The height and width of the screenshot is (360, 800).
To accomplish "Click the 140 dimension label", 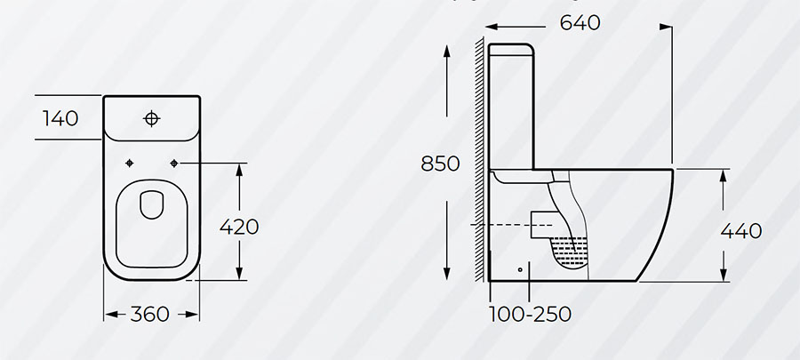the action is pyautogui.click(x=60, y=118).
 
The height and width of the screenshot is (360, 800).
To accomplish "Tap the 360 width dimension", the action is pyautogui.click(x=149, y=314).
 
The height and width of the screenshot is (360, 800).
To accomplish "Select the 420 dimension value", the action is pyautogui.click(x=239, y=227).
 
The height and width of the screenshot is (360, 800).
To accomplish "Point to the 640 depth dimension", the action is pyautogui.click(x=580, y=22).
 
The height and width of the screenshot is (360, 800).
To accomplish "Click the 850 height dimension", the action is pyautogui.click(x=440, y=164).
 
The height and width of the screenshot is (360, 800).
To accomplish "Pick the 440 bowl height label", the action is pyautogui.click(x=741, y=231).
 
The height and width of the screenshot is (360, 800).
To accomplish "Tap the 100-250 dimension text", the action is pyautogui.click(x=530, y=314).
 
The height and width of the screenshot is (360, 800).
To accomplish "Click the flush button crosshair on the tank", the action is pyautogui.click(x=151, y=119).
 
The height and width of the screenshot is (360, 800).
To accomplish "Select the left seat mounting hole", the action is pyautogui.click(x=130, y=164).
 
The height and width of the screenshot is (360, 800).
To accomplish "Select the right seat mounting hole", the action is pyautogui.click(x=174, y=164).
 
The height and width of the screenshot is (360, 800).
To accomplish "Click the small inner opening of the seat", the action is pyautogui.click(x=151, y=204).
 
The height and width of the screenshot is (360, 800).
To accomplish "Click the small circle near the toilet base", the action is pyautogui.click(x=520, y=269).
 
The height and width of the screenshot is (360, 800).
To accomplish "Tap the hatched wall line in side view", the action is pyautogui.click(x=480, y=159).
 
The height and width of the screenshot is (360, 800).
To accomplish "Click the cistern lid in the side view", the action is pyautogui.click(x=511, y=47).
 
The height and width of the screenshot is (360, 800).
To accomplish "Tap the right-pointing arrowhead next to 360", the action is pyautogui.click(x=192, y=315).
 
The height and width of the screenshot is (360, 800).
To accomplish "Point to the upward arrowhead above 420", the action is pyautogui.click(x=239, y=171).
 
